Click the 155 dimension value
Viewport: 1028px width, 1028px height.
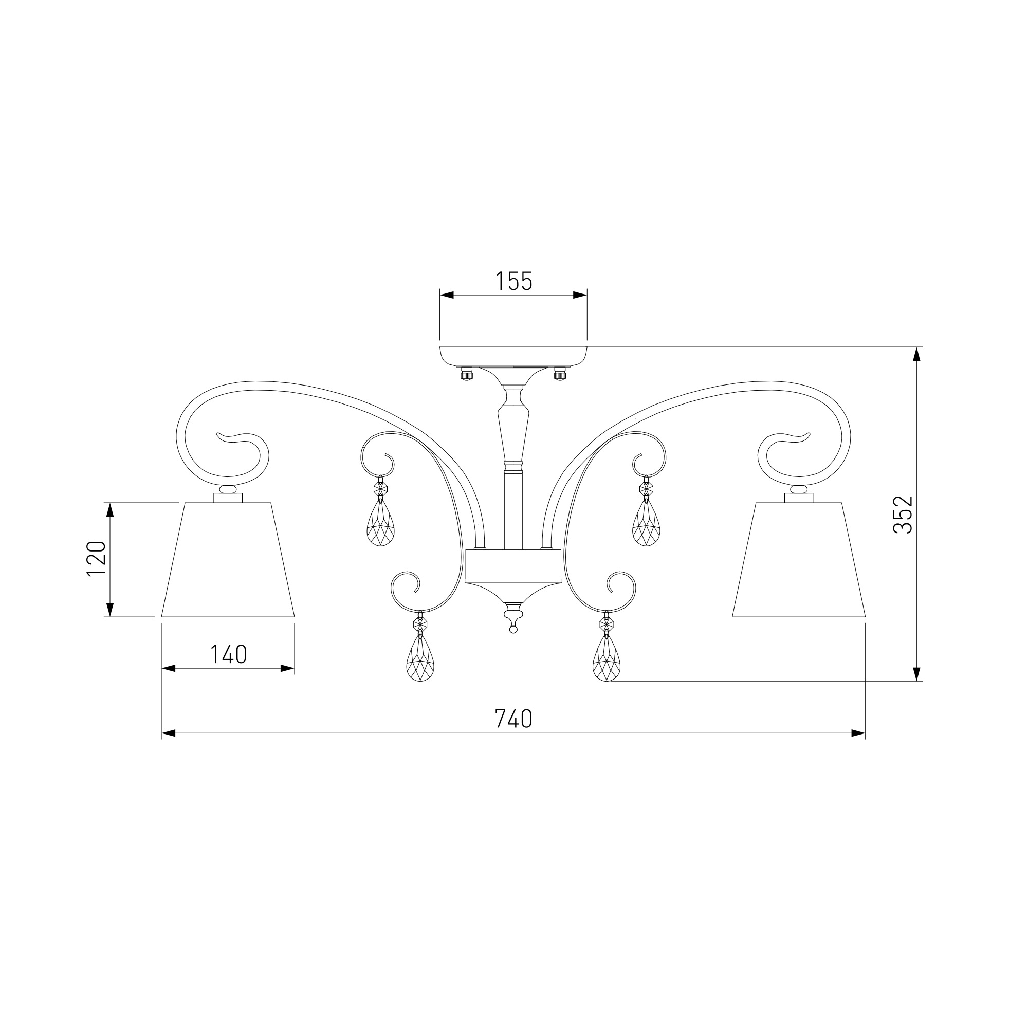513,282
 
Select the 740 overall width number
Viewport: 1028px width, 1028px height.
513,719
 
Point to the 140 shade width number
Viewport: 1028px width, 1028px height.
228,654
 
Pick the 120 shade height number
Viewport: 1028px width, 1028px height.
97,558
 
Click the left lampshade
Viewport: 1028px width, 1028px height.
228,560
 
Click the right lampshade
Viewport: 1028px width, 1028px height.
799,560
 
